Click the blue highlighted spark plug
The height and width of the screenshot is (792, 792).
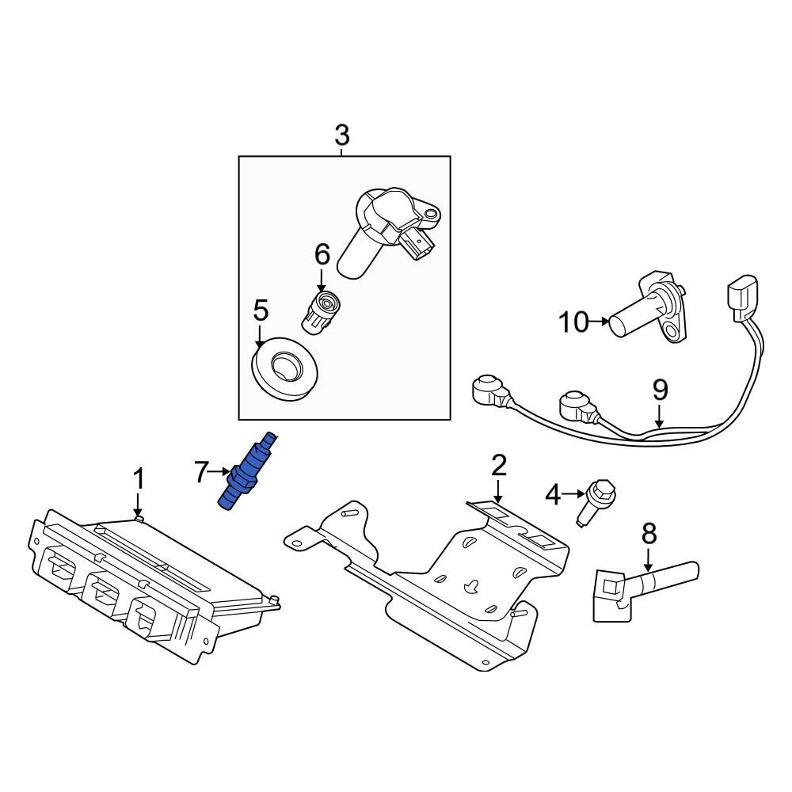247,473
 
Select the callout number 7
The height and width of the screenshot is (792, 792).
203,474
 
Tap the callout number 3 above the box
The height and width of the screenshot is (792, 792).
341,136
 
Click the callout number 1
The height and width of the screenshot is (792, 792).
139,479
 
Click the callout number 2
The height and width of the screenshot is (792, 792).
498,465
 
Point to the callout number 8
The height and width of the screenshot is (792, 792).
649,534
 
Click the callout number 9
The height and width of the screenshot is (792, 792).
660,390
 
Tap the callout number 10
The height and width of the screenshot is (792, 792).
574,322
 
